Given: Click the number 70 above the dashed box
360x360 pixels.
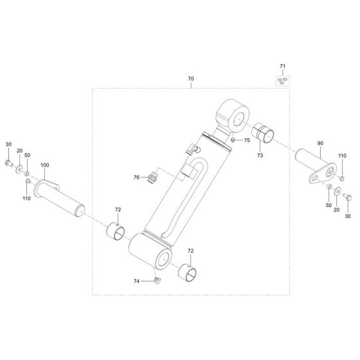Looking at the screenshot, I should point(191,79).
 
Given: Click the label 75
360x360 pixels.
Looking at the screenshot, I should point(247,139).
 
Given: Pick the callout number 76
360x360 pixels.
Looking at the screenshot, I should point(136,178).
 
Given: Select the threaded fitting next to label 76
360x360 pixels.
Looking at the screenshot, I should point(153,175).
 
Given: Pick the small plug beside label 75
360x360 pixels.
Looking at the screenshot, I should point(233,140).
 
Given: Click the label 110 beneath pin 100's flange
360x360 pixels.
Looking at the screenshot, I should point(26,199).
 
